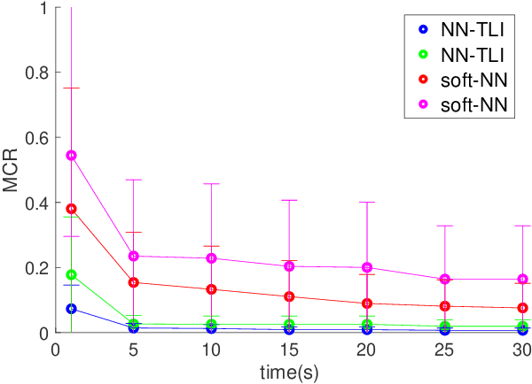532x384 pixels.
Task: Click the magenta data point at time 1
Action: (x=72, y=155)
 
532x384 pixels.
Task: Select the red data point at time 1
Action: (x=72, y=209)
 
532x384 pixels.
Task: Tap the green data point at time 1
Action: (x=72, y=274)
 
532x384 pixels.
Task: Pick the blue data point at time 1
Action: (x=72, y=309)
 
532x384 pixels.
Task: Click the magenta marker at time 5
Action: (x=134, y=256)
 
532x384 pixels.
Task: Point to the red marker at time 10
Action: (x=211, y=289)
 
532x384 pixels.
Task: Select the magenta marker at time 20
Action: (x=367, y=267)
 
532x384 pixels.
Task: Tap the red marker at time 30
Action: (x=522, y=308)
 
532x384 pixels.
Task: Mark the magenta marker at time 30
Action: (x=522, y=279)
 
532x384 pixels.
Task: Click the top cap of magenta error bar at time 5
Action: (x=134, y=180)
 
